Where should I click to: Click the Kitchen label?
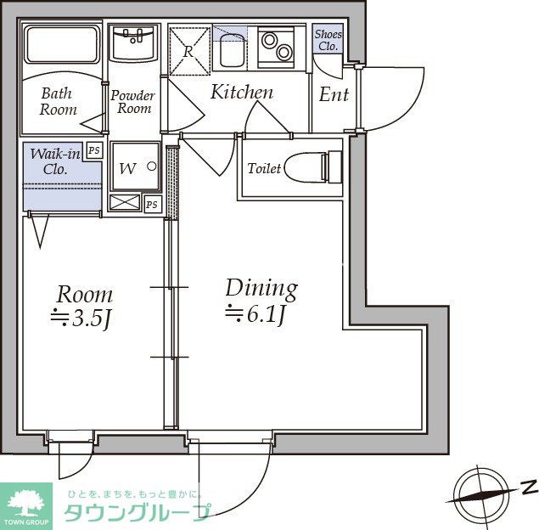242,92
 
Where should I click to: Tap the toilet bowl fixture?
313,167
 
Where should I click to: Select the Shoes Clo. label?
328,40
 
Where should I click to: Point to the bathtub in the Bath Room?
61,45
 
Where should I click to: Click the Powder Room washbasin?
134,43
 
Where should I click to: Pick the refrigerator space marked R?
189,52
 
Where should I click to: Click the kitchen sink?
233,50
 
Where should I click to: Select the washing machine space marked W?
135,166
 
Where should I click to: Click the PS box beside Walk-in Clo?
94,150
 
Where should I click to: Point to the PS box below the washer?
152,205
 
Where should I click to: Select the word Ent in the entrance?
334,94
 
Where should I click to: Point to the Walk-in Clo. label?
54,161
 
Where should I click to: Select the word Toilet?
264,168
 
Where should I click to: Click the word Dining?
261,289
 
